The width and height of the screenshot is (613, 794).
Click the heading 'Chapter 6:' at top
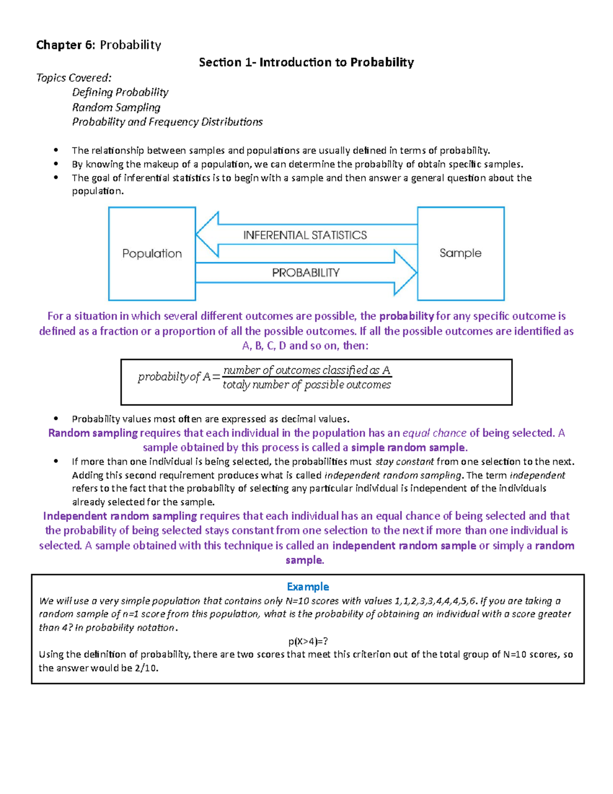pos(65,45)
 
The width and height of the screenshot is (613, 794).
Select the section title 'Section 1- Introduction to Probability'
pos(306,62)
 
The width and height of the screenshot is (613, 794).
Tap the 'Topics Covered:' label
pos(74,78)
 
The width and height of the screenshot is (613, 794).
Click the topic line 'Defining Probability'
pos(120,92)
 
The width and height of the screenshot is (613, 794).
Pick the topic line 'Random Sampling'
pos(116,107)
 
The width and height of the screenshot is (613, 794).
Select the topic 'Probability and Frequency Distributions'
pos(167,122)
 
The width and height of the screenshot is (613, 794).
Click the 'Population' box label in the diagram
pos(152,254)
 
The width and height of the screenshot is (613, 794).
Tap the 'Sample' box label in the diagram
pos(460,253)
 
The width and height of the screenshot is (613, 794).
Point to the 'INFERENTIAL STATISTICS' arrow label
pos(305,235)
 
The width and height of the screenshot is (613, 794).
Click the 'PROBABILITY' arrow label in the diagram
pos(305,273)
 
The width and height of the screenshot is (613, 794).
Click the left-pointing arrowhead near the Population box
pos(207,235)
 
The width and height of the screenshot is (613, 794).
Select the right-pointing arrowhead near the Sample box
pos(406,273)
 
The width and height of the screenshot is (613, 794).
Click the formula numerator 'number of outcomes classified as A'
pos(306,370)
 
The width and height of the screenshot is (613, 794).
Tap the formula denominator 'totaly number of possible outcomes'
pos(306,385)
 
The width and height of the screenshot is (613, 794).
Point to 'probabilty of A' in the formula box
pos(174,377)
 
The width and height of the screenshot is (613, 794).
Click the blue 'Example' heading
pos(308,586)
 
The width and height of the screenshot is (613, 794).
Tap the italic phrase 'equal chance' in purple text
pos(434,433)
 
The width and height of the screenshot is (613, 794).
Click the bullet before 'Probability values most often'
pos(56,419)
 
